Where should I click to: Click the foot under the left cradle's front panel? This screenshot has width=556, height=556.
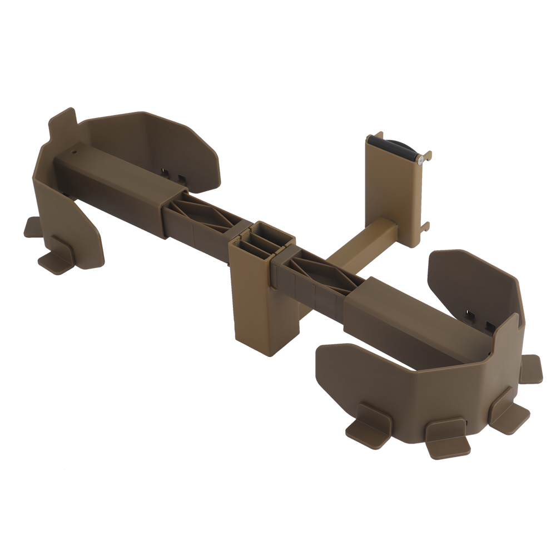56,258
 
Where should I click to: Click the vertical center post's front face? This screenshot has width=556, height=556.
253,311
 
